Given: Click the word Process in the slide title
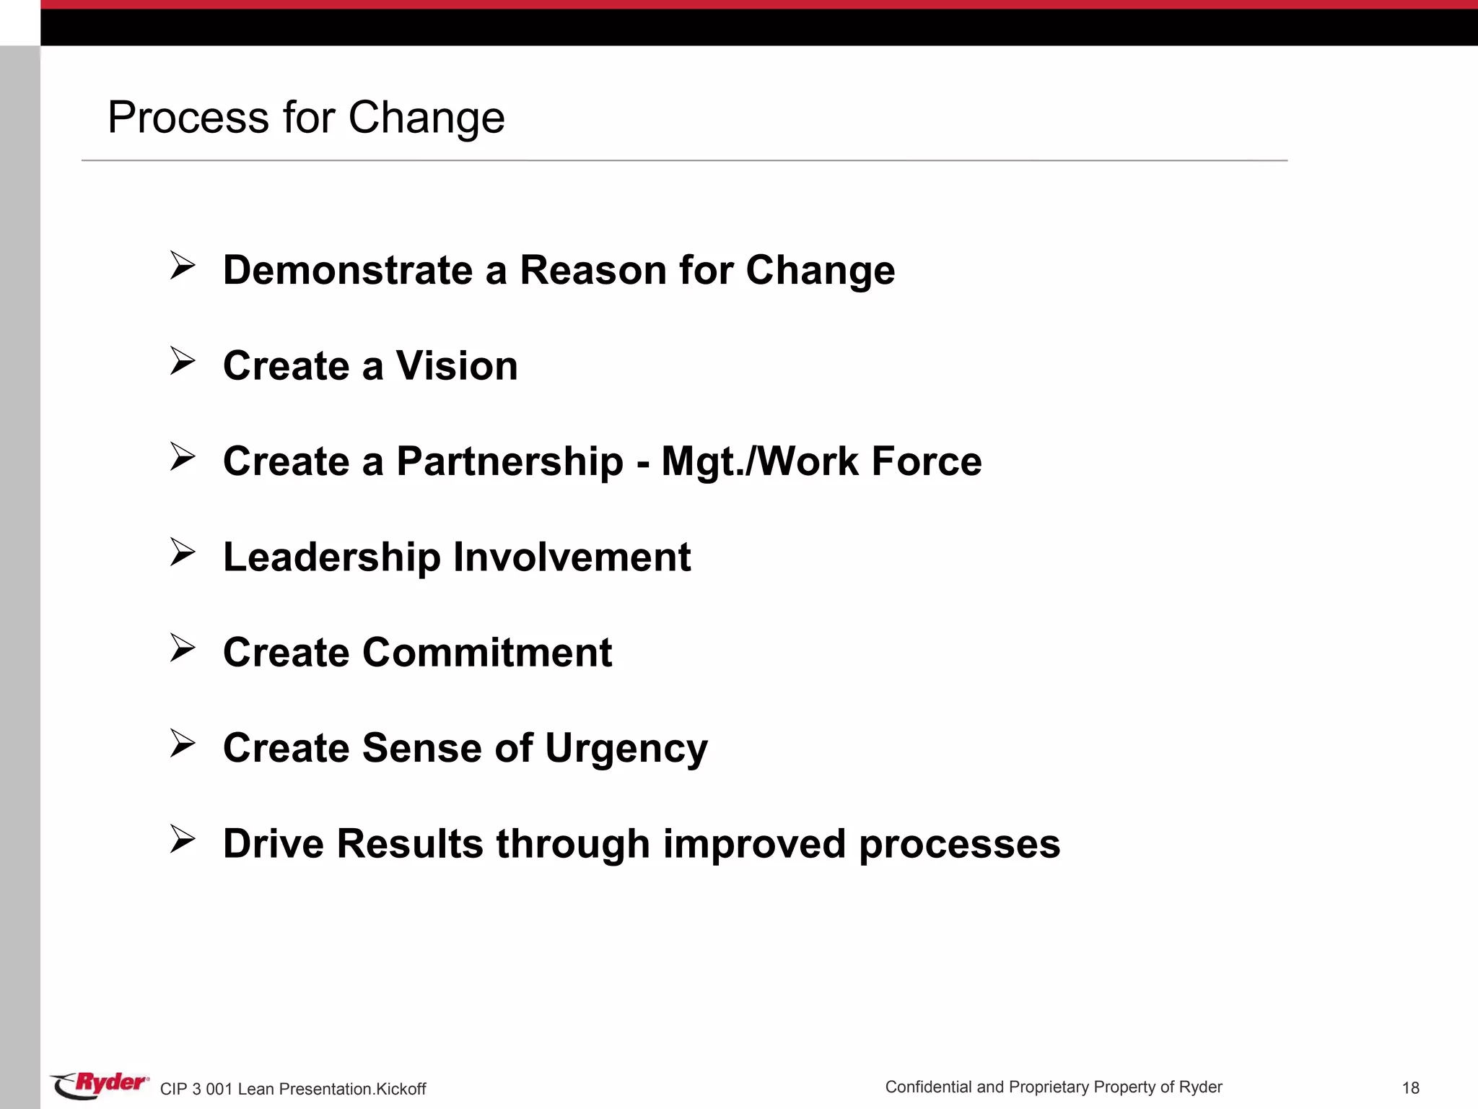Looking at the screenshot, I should pyautogui.click(x=188, y=118).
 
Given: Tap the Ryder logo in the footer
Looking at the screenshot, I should pyautogui.click(x=100, y=1084).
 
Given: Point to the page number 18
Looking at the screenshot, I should pyautogui.click(x=1410, y=1088).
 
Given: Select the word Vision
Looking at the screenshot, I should pyautogui.click(x=457, y=366).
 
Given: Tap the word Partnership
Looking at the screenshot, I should pyautogui.click(x=510, y=462).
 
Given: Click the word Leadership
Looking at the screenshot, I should pyautogui.click(x=332, y=557).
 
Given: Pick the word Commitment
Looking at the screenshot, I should pyautogui.click(x=487, y=653).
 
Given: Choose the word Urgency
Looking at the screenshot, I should pyautogui.click(x=626, y=749).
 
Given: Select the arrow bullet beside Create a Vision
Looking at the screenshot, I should pyautogui.click(x=183, y=361).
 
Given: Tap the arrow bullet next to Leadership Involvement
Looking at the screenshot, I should pyautogui.click(x=183, y=552).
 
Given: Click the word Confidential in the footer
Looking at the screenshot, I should pyautogui.click(x=928, y=1087).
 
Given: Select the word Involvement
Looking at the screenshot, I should pyautogui.click(x=572, y=557).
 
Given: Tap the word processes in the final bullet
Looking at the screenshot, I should pyautogui.click(x=959, y=844).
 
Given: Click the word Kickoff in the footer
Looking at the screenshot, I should pyautogui.click(x=401, y=1089).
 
